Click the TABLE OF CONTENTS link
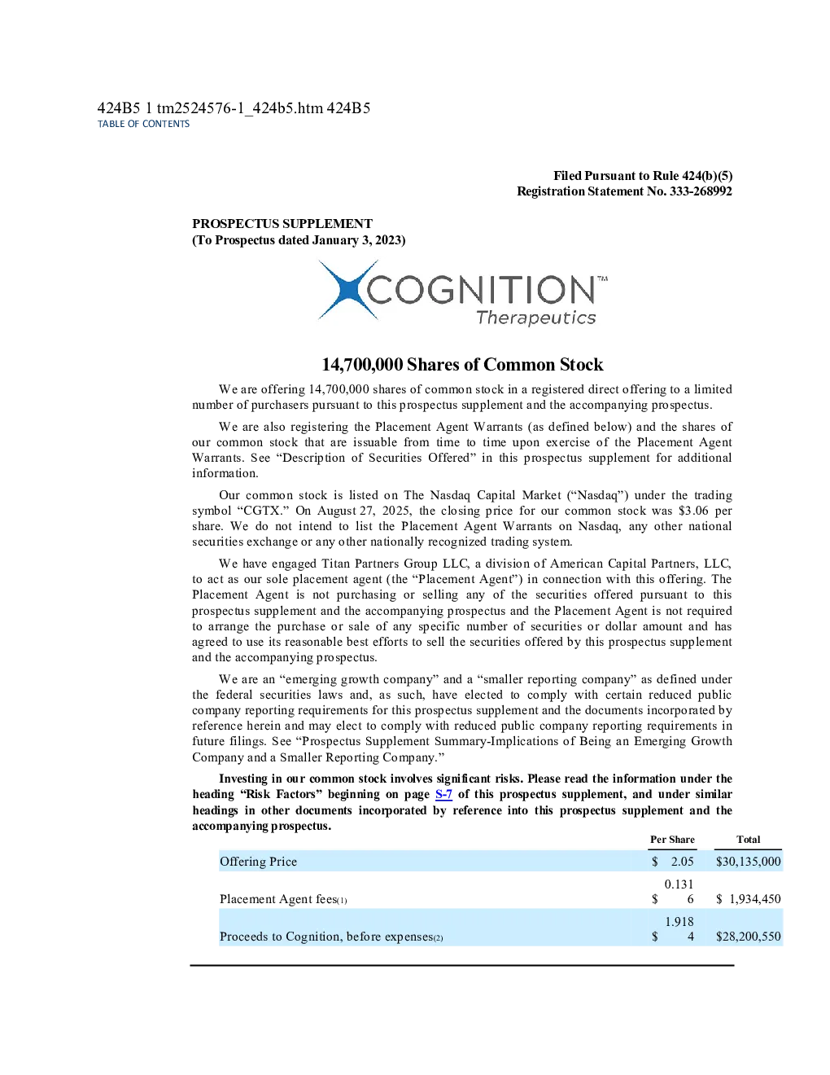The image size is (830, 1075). [x=143, y=124]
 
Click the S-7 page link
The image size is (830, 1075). [x=443, y=795]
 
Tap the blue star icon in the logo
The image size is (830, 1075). [x=348, y=290]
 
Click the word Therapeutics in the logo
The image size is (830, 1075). [x=536, y=318]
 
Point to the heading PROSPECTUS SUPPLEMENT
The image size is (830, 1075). [x=282, y=224]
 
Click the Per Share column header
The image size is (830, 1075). [x=672, y=840]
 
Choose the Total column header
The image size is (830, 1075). [x=749, y=840]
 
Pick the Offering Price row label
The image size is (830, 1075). [x=258, y=862]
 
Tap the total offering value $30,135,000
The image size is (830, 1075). [x=749, y=862]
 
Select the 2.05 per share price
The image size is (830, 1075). [x=682, y=862]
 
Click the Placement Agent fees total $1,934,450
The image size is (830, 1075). [x=749, y=899]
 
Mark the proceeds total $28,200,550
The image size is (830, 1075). [x=749, y=937]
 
